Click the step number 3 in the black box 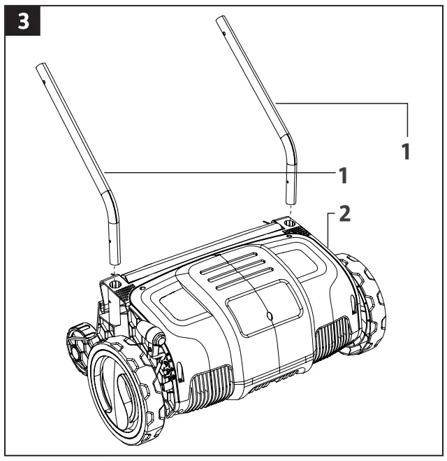coord(22,21)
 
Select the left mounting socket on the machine coord(115,285)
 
